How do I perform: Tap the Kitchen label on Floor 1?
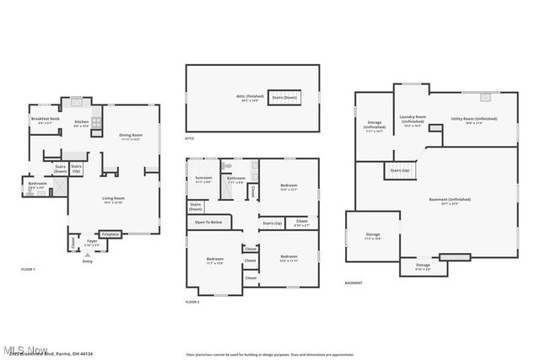pyautogui.click(x=82, y=123)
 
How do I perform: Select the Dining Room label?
pyautogui.click(x=130, y=137)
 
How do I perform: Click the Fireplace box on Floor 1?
pyautogui.click(x=111, y=234)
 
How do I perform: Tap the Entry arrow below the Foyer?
pyautogui.click(x=87, y=254)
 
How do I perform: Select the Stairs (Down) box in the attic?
pyautogui.click(x=284, y=98)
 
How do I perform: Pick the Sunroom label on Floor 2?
pyautogui.click(x=202, y=179)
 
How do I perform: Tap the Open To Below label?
pyautogui.click(x=208, y=222)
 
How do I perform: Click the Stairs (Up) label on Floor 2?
pyautogui.click(x=272, y=223)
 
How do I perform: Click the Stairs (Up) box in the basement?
pyautogui.click(x=401, y=170)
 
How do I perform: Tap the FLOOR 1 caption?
pyautogui.click(x=29, y=268)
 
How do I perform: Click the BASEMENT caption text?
pyautogui.click(x=354, y=282)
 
